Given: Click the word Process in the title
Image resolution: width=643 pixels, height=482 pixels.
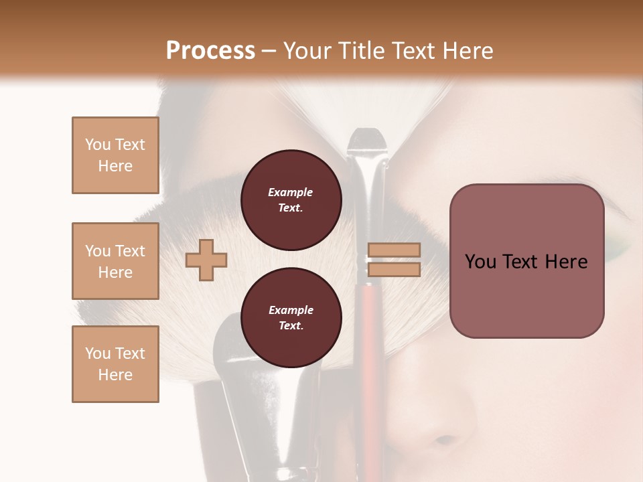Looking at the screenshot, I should click(210, 51).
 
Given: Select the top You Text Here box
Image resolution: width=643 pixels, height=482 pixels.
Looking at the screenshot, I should click(115, 155).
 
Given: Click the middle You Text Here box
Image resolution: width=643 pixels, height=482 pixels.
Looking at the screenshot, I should click(115, 261).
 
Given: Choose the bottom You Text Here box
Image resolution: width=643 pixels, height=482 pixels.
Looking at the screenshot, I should click(115, 364).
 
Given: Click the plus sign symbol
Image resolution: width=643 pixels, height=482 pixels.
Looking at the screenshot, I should click(206, 260).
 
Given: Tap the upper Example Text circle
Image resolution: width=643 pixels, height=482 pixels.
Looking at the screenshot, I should click(291, 200).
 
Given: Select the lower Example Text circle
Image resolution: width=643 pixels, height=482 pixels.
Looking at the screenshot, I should click(291, 317).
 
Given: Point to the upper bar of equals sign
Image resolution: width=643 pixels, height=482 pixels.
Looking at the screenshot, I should click(395, 250).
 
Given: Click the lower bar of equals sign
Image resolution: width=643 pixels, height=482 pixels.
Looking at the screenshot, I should click(395, 270).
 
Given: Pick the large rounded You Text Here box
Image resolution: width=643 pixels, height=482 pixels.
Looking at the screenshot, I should click(526, 261).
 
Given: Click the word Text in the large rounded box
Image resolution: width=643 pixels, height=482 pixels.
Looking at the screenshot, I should click(526, 262).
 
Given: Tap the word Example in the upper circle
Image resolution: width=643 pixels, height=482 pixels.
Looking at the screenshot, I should click(291, 193).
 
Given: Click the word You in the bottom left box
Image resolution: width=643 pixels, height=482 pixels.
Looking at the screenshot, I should click(97, 353).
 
